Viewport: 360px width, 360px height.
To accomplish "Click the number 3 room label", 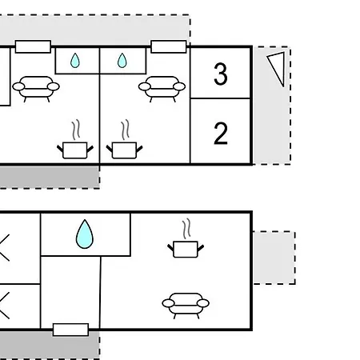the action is (221, 74).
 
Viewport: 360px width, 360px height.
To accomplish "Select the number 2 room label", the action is (221, 134).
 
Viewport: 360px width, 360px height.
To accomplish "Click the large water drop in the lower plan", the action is (85, 234).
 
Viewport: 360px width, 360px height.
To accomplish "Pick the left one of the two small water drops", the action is (75, 61).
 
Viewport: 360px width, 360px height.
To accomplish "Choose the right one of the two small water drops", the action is (122, 61).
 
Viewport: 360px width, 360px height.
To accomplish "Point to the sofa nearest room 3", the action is (162, 89).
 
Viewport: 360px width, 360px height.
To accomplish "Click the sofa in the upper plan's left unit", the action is (36, 89).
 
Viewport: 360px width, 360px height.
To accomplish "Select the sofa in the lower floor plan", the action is (186, 306).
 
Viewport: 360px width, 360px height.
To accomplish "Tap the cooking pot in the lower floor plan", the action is (186, 249).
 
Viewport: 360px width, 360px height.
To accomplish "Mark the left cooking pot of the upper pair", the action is (75, 150).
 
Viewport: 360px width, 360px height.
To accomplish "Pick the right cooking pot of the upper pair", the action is (124, 150).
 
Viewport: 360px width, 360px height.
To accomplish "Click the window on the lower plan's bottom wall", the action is (70, 330).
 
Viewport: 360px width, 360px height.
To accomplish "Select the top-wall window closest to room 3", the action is (169, 46).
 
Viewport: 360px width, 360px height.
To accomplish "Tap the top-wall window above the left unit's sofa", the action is (33, 46).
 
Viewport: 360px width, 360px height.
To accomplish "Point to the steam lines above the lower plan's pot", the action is (186, 229).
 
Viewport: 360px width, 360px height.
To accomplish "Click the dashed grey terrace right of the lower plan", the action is (274, 258).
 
